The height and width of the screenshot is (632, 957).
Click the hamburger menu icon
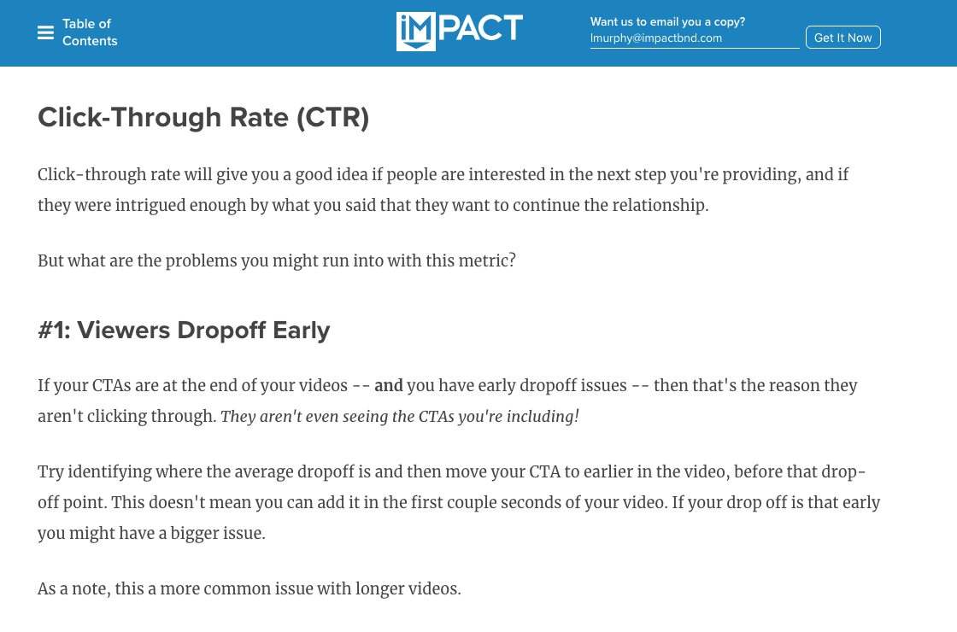(46, 32)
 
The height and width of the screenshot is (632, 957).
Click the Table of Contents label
(90, 32)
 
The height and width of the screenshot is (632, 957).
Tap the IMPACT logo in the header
(460, 31)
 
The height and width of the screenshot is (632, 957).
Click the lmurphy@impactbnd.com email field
(695, 38)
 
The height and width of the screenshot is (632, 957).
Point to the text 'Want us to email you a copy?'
(667, 22)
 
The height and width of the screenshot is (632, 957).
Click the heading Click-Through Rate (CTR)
(204, 118)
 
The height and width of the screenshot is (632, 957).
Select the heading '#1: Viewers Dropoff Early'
(184, 330)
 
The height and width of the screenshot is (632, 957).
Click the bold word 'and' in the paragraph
(389, 385)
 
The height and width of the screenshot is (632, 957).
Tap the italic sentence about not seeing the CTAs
(400, 417)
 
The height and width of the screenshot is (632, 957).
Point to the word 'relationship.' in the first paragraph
(661, 206)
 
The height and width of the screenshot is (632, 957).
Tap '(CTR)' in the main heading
(333, 118)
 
